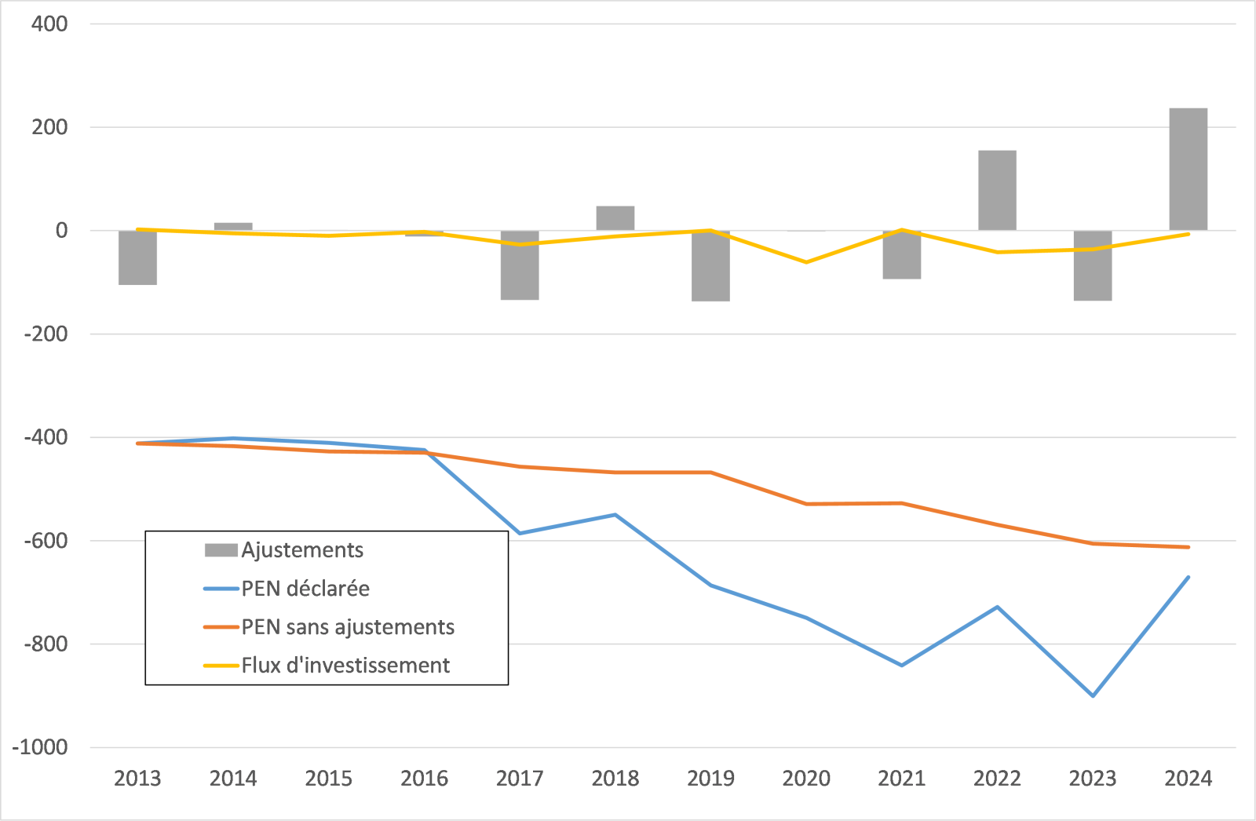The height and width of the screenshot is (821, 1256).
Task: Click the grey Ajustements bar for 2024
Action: click(x=1188, y=169)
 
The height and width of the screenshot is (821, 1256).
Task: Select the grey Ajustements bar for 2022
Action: click(x=997, y=190)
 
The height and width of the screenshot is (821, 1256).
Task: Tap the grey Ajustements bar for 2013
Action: click(x=137, y=257)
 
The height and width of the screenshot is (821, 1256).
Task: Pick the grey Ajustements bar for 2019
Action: click(x=710, y=266)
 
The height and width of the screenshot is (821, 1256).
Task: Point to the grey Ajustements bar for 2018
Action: click(x=615, y=218)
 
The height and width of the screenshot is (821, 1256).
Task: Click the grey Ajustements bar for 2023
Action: click(x=1093, y=265)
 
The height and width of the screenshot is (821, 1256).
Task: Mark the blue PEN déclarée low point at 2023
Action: click(x=1093, y=695)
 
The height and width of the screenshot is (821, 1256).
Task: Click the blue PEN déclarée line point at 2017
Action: click(x=520, y=534)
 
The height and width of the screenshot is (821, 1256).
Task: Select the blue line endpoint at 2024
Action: click(x=1188, y=577)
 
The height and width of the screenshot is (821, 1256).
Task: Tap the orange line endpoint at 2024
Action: click(x=1188, y=547)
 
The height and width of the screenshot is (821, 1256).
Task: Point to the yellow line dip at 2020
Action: click(x=806, y=262)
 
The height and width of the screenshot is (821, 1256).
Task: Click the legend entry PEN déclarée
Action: click(x=305, y=589)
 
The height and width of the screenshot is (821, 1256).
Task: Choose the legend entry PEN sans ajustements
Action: click(x=347, y=627)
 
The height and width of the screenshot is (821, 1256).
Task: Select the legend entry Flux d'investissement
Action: click(x=345, y=666)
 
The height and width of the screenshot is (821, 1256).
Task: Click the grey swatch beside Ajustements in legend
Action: click(x=221, y=550)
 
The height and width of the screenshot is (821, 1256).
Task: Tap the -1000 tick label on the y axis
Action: click(x=40, y=747)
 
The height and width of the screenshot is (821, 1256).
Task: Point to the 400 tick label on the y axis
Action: click(x=49, y=24)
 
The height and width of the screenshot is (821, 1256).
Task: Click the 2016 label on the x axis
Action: click(x=424, y=779)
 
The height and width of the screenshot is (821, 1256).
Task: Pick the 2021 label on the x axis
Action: click(x=901, y=779)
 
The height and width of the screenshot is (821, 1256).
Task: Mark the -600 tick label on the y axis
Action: click(x=46, y=541)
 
